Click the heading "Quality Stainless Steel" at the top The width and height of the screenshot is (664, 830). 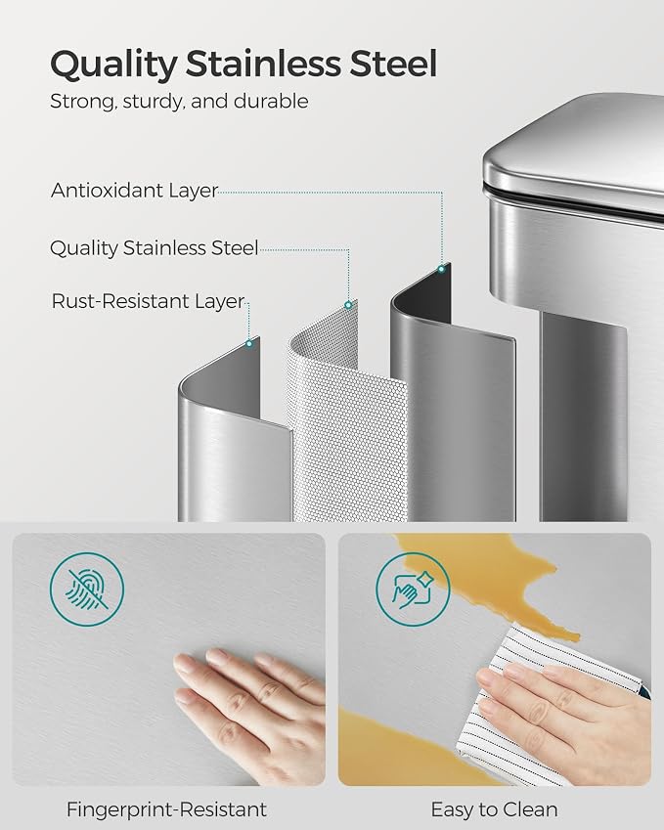coord(243,65)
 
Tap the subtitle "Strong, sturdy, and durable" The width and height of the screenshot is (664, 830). coord(179,101)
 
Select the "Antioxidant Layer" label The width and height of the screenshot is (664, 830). coord(135,191)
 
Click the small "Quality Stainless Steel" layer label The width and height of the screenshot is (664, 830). coord(155,247)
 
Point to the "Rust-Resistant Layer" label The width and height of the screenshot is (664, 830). coord(148,301)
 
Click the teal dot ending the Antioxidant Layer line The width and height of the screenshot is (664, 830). coord(441,270)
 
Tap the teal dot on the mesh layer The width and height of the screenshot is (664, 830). coord(348,305)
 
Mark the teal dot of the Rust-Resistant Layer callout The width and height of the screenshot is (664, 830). coord(248,343)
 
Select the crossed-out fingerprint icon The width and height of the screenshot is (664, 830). coord(87,590)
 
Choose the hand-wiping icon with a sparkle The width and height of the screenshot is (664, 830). coord(413,590)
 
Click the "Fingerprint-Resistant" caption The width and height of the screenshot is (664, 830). coord(166,809)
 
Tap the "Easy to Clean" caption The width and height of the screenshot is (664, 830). coord(494,809)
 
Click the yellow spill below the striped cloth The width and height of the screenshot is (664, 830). coord(403,752)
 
